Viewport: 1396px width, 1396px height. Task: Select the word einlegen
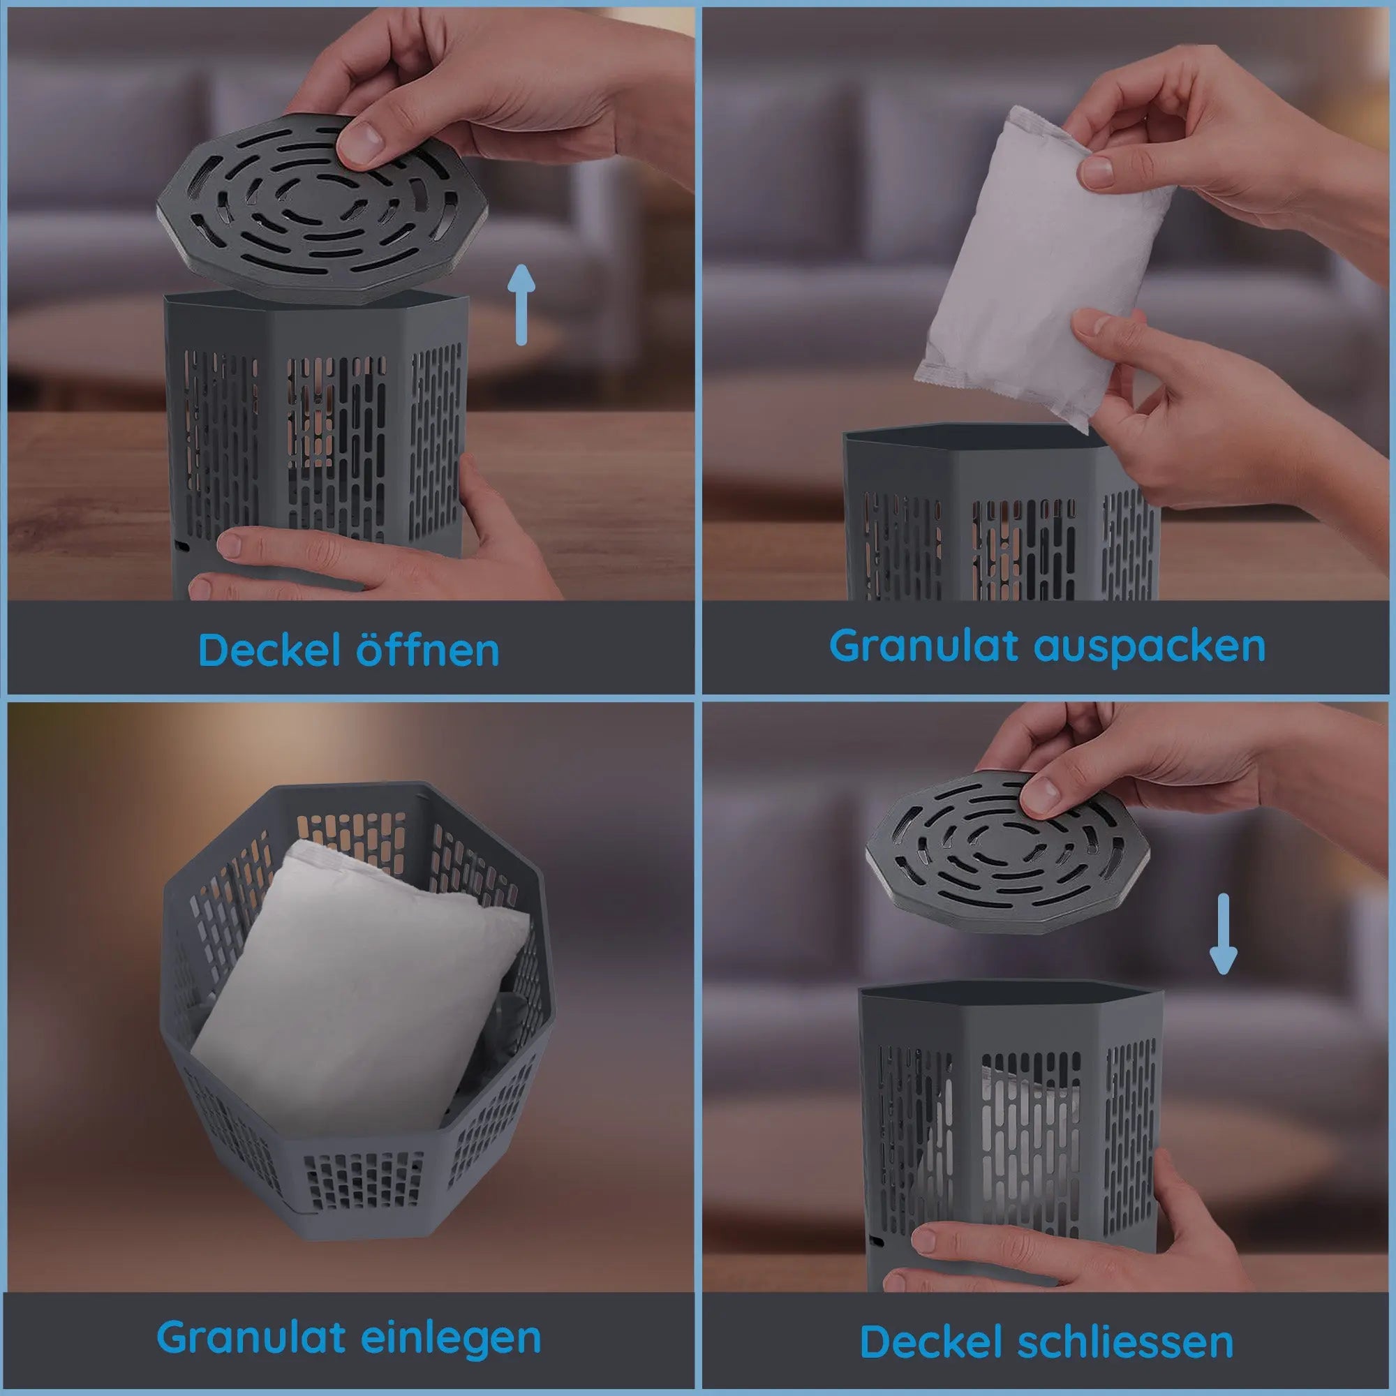[450, 1337]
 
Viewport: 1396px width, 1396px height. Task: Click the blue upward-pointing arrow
[521, 304]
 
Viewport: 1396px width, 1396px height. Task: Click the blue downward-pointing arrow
[1223, 933]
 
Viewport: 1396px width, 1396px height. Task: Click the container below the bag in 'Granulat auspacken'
[1002, 514]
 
